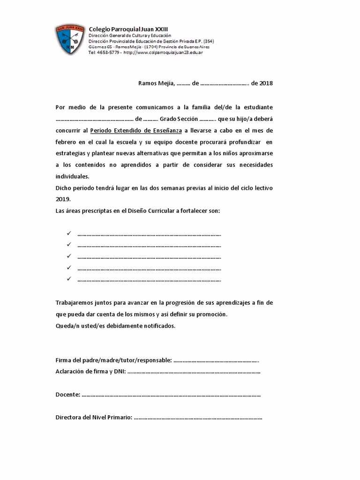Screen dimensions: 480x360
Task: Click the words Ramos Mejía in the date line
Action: click(x=156, y=83)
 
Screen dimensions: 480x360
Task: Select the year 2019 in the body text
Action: click(x=62, y=199)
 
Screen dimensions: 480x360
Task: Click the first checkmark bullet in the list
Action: click(x=68, y=233)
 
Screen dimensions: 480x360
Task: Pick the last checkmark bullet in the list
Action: click(x=68, y=279)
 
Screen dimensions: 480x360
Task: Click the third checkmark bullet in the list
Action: click(x=68, y=256)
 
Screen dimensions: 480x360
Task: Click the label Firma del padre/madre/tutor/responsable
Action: click(x=113, y=360)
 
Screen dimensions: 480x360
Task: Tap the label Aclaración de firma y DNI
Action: click(x=90, y=372)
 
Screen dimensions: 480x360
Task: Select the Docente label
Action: click(x=67, y=395)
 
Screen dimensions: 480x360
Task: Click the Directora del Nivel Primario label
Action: click(x=94, y=417)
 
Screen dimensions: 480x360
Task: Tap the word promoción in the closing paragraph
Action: click(x=216, y=314)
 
